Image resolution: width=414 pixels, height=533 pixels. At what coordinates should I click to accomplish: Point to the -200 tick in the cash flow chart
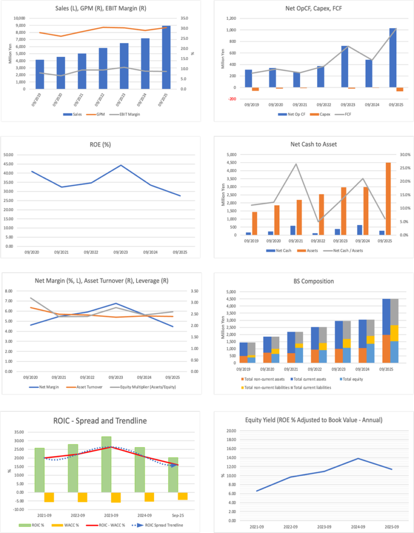click(x=230, y=99)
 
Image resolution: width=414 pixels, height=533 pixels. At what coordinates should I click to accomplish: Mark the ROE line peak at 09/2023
click(x=120, y=166)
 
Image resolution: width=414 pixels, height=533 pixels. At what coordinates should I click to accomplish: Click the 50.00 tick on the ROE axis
click(x=22, y=155)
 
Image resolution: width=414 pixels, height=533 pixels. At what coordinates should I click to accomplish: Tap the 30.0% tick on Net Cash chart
click(x=403, y=155)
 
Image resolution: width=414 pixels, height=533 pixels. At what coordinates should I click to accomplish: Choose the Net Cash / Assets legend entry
click(x=354, y=250)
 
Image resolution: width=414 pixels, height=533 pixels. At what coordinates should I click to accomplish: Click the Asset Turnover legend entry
click(x=89, y=387)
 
